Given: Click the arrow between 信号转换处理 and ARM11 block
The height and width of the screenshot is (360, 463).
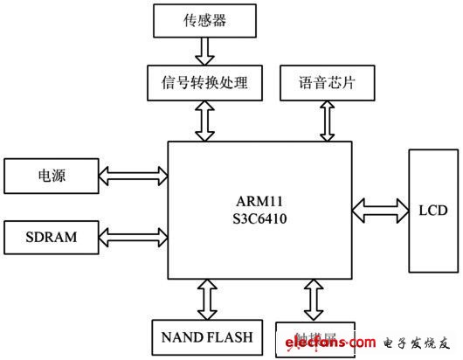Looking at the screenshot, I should point(203,121).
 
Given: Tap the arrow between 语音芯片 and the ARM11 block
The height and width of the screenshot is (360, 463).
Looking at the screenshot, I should point(327,121).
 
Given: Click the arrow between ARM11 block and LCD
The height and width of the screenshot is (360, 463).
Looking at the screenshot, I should point(379,210).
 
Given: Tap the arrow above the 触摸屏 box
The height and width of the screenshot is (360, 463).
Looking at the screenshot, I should point(314,300).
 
